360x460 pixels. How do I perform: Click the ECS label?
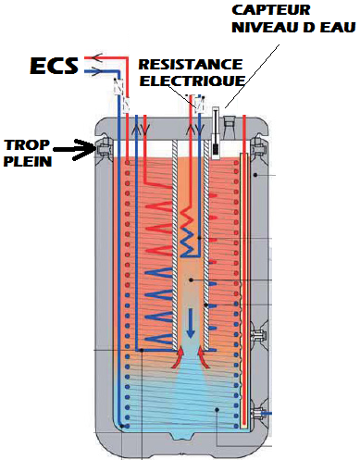click(54, 65)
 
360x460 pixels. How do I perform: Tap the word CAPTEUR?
click(271, 10)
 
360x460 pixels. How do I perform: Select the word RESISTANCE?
click(191, 64)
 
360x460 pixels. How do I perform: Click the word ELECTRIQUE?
click(192, 81)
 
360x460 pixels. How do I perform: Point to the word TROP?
click(27, 144)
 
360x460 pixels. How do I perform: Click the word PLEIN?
click(28, 161)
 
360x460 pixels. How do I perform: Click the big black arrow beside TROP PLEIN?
click(75, 150)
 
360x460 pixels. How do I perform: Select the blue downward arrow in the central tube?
click(191, 323)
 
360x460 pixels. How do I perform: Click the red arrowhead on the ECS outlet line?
click(97, 57)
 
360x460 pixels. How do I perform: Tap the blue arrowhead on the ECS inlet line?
click(96, 72)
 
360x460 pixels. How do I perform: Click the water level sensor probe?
click(216, 133)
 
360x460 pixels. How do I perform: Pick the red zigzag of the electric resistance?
click(187, 220)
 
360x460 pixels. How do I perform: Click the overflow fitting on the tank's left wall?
click(103, 150)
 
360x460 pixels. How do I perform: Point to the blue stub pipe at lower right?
click(267, 413)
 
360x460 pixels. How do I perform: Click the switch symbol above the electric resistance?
click(200, 103)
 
